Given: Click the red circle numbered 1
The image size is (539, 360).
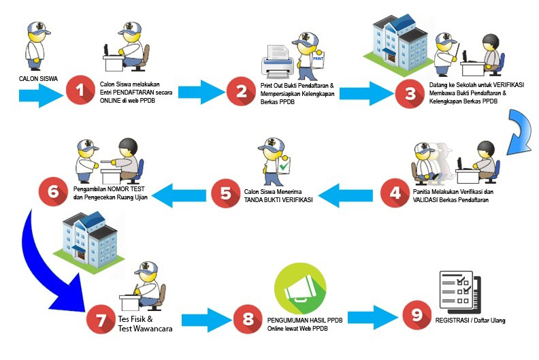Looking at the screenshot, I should (x=81, y=91).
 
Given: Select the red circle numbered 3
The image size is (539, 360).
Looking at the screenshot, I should (x=410, y=94).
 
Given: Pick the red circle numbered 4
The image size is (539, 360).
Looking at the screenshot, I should (x=396, y=193).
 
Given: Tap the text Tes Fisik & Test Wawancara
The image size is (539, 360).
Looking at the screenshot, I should (x=145, y=323).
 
